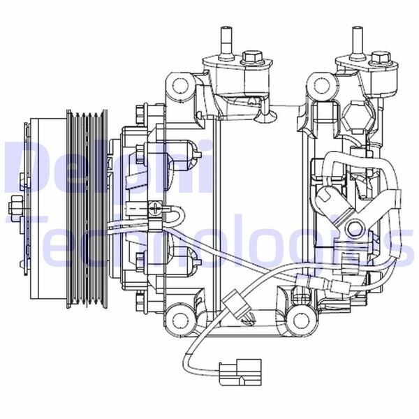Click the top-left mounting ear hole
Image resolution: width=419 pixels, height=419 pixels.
[181, 87]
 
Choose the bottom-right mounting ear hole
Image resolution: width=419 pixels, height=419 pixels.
[301, 320]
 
